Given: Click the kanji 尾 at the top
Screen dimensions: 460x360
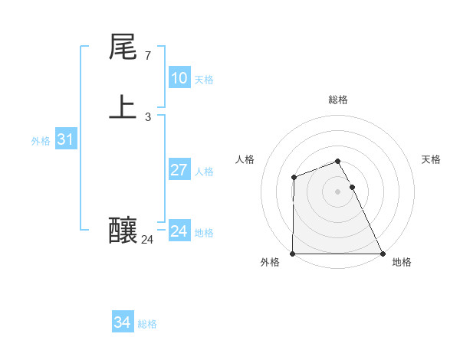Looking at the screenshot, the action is point(123,47).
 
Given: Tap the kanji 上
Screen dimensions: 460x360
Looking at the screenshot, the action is point(123,106).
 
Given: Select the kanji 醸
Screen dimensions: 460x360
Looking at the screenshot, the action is point(123,229).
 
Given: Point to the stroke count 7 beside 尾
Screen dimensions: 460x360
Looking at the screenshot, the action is point(147,56).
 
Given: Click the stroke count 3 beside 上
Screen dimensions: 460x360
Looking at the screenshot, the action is point(147,117).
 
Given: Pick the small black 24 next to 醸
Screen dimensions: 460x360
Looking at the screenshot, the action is point(147,240).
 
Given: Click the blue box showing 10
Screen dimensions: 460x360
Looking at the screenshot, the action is point(179,78).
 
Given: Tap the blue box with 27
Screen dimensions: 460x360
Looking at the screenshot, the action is point(179,170).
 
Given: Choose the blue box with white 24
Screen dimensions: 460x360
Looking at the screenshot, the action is point(179,231).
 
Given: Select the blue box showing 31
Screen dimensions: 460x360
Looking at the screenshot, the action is point(65,139).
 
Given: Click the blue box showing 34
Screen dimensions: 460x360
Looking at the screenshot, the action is point(122,322).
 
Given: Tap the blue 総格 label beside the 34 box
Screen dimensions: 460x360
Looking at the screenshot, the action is point(147,324).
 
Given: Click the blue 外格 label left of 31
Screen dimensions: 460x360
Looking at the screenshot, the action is point(41,141).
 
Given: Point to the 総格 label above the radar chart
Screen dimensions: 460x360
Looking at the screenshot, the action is point(338,100).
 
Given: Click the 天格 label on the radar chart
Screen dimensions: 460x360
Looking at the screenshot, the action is point(431,159).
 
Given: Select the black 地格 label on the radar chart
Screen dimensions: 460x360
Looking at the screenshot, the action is point(402,262).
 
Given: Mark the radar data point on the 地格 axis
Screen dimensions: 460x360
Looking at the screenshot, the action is point(383,254).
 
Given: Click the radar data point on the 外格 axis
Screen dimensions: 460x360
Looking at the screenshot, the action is point(293,254).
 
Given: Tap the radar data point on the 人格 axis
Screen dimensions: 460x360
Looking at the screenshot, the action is point(294,178).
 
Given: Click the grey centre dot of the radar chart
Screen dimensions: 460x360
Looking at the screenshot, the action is point(338,191).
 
